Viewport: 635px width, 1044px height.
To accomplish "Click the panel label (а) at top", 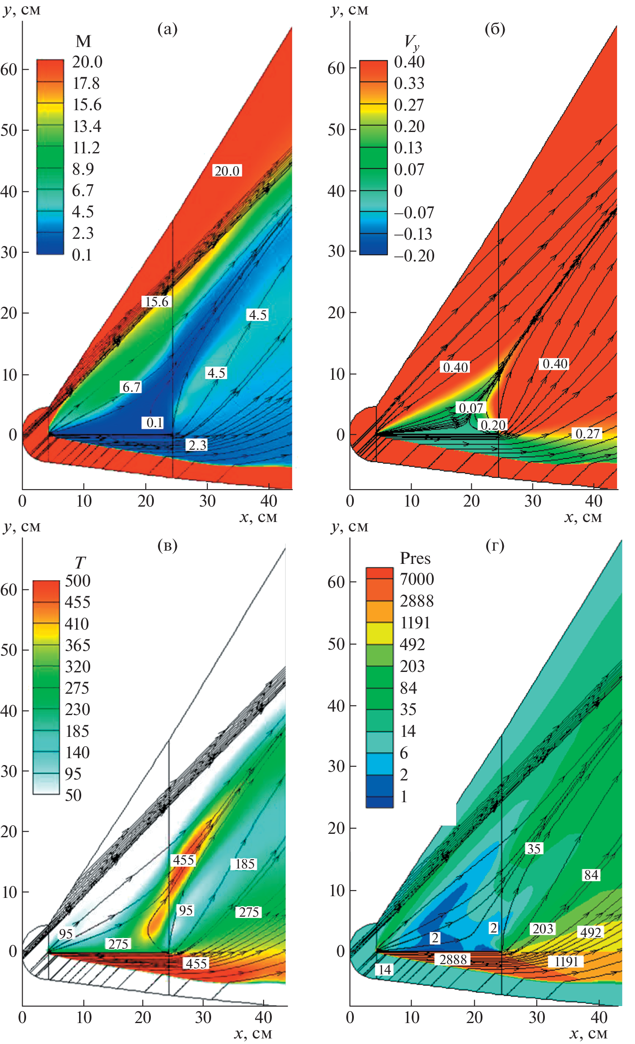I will (x=167, y=29).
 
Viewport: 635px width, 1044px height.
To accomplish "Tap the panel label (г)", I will (x=495, y=545).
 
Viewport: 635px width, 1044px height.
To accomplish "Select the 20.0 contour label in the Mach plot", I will (x=227, y=171).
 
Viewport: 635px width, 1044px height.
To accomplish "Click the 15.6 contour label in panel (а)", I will (x=157, y=302).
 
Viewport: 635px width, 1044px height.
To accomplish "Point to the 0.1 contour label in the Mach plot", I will (x=154, y=422).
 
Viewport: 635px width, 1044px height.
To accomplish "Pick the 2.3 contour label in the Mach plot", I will (x=197, y=445).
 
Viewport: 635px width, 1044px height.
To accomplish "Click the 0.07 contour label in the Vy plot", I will (x=470, y=408).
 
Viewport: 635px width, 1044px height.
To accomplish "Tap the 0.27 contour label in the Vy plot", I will (x=588, y=434).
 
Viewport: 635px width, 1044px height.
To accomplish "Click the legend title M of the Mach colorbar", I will (x=83, y=41).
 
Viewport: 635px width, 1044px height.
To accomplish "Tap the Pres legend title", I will (x=415, y=558).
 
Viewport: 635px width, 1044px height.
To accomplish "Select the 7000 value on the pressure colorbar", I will (x=417, y=579).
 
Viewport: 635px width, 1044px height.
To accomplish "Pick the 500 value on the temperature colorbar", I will (x=77, y=581).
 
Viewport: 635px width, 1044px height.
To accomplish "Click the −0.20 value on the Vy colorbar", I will (x=414, y=256).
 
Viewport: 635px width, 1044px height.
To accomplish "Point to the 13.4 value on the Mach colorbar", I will (x=87, y=126).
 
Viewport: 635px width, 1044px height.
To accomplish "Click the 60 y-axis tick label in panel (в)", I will (x=9, y=589).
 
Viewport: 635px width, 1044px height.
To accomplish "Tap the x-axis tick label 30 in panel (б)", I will (x=532, y=501).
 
